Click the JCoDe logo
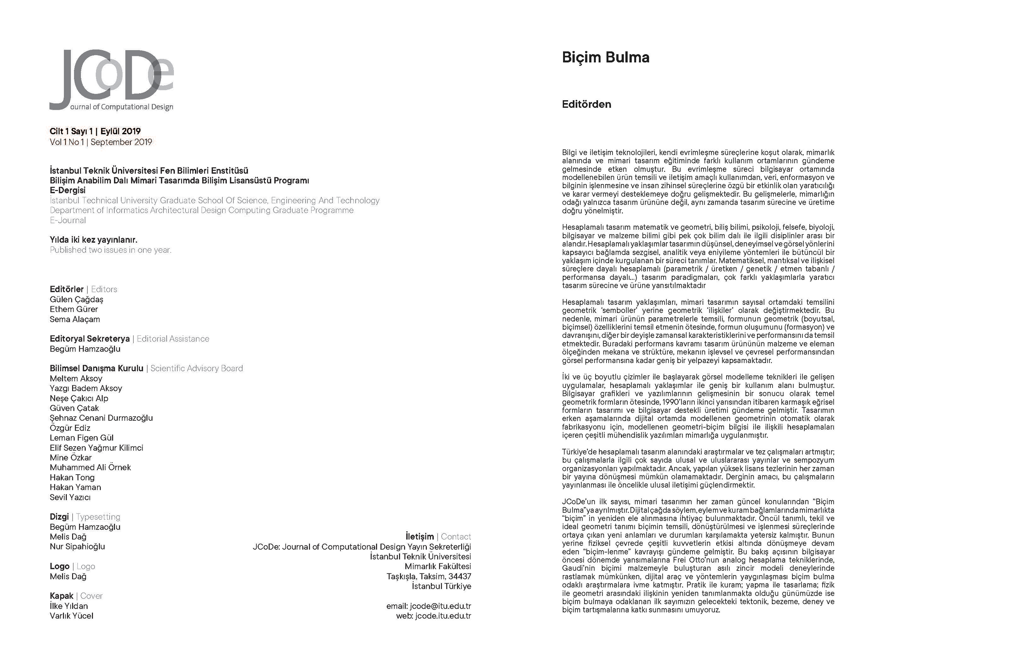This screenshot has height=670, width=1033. pos(112,79)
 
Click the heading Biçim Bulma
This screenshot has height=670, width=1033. pos(605,57)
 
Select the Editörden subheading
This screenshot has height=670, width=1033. pos(586,104)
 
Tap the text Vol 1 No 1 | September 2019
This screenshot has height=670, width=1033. pos(101,142)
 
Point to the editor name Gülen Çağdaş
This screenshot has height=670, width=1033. pos(77,299)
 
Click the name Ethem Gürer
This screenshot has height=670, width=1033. pos(74,309)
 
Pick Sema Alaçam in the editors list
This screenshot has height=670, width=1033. pos(75,319)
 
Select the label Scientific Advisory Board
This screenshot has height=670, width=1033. pos(197,368)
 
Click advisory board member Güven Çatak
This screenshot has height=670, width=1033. pos(74,408)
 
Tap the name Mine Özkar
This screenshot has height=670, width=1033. pos(71,458)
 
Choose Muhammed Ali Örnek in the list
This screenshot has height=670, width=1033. pos(90,468)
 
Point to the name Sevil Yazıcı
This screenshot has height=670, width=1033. pos(70,497)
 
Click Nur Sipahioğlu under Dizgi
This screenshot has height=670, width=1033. pos(77,547)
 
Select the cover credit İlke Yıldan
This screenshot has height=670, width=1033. pos(69,606)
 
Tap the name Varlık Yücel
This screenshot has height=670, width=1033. pos(72,616)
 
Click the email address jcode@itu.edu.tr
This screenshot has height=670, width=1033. pos(440,606)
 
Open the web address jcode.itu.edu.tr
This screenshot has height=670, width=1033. pos(443,616)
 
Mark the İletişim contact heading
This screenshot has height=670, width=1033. pos(420,537)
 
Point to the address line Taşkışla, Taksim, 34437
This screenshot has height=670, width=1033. pos(429,577)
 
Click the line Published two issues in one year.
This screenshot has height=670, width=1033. pos(111,250)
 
